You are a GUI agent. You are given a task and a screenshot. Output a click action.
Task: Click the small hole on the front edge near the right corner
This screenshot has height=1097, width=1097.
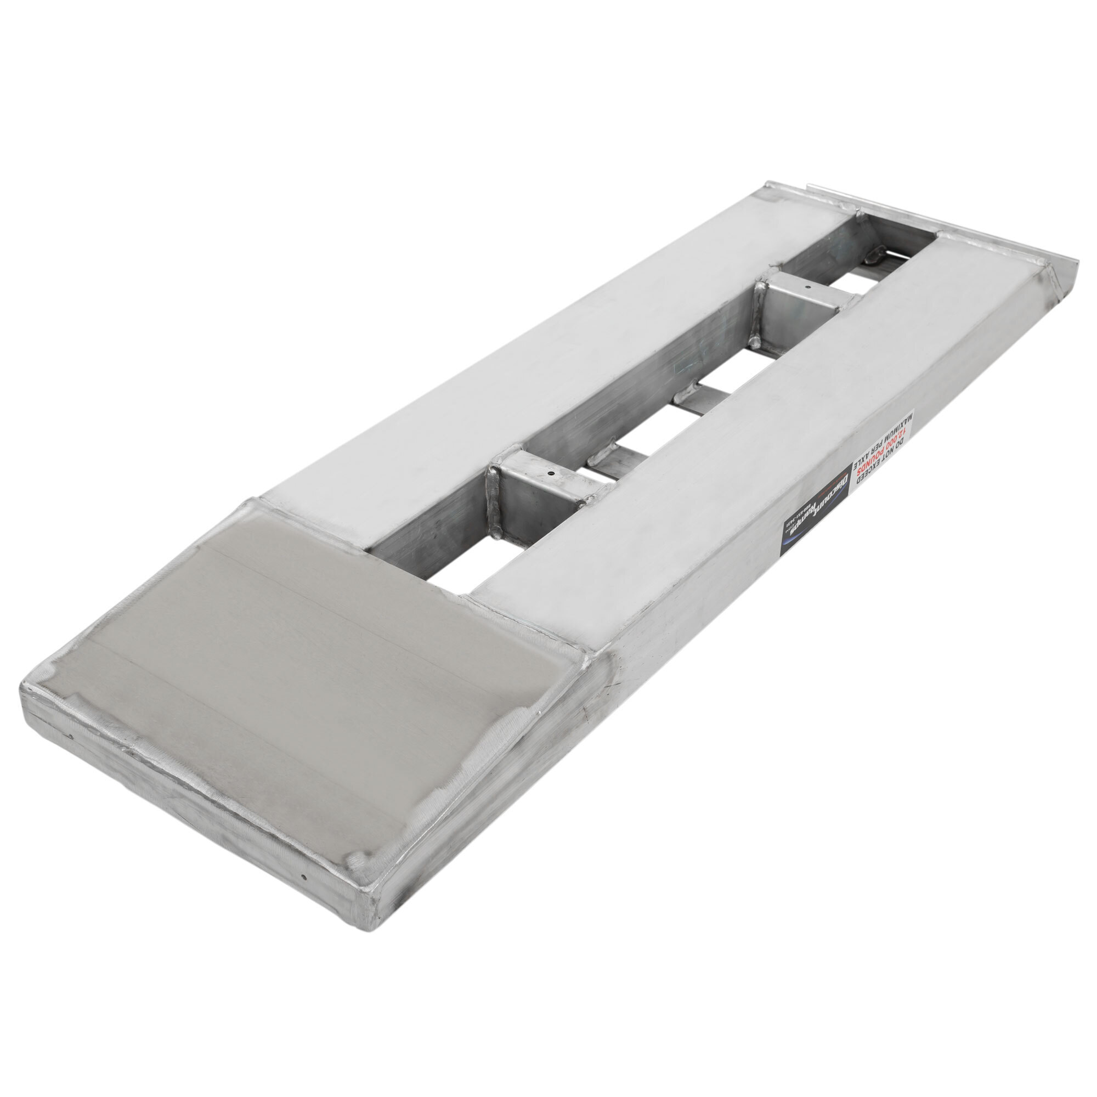(x=306, y=893)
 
